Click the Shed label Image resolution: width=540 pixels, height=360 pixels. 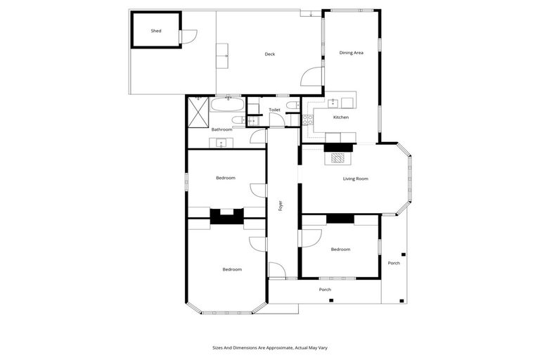(x=156, y=31)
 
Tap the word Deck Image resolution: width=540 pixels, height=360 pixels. (x=269, y=54)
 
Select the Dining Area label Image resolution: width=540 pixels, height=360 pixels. (x=351, y=53)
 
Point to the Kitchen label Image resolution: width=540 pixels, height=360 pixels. (x=340, y=117)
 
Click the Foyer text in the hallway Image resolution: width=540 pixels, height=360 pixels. (x=281, y=206)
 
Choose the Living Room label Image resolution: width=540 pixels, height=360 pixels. (x=355, y=179)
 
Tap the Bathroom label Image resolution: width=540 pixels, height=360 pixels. (x=221, y=129)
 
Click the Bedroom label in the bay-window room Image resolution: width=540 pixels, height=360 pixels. (x=232, y=269)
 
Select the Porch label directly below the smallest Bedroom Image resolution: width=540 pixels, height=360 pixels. (x=325, y=289)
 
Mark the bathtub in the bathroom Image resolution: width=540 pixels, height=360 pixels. (x=228, y=107)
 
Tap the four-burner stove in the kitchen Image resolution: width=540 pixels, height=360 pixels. (x=307, y=120)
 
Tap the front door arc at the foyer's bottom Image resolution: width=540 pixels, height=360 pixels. (x=276, y=271)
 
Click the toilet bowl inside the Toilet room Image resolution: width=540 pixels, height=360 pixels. (x=293, y=105)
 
